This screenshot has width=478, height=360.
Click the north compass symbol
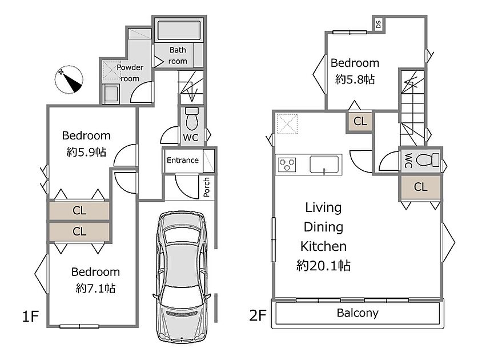[x=69, y=79]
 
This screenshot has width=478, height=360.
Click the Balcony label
[x=358, y=313]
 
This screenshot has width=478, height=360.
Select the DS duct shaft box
[x=378, y=24]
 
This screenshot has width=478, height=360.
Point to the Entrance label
[x=183, y=160]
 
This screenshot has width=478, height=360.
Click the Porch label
[x=207, y=187]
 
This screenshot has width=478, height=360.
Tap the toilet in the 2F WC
[x=428, y=160]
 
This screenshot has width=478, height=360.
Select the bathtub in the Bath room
[x=179, y=30]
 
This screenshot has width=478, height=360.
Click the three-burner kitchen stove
[x=287, y=165]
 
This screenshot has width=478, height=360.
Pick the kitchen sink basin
[x=324, y=165]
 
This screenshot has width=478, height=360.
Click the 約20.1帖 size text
[x=323, y=266]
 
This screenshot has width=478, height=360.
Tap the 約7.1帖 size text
[x=95, y=289]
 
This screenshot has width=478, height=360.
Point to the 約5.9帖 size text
[x=86, y=152]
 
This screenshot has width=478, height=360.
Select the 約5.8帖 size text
[x=355, y=79]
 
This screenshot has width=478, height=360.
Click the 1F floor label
[x=30, y=316]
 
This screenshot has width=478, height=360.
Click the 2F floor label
[x=258, y=315]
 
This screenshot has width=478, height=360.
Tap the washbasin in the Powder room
[x=110, y=93]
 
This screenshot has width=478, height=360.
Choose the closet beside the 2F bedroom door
[x=360, y=121]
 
